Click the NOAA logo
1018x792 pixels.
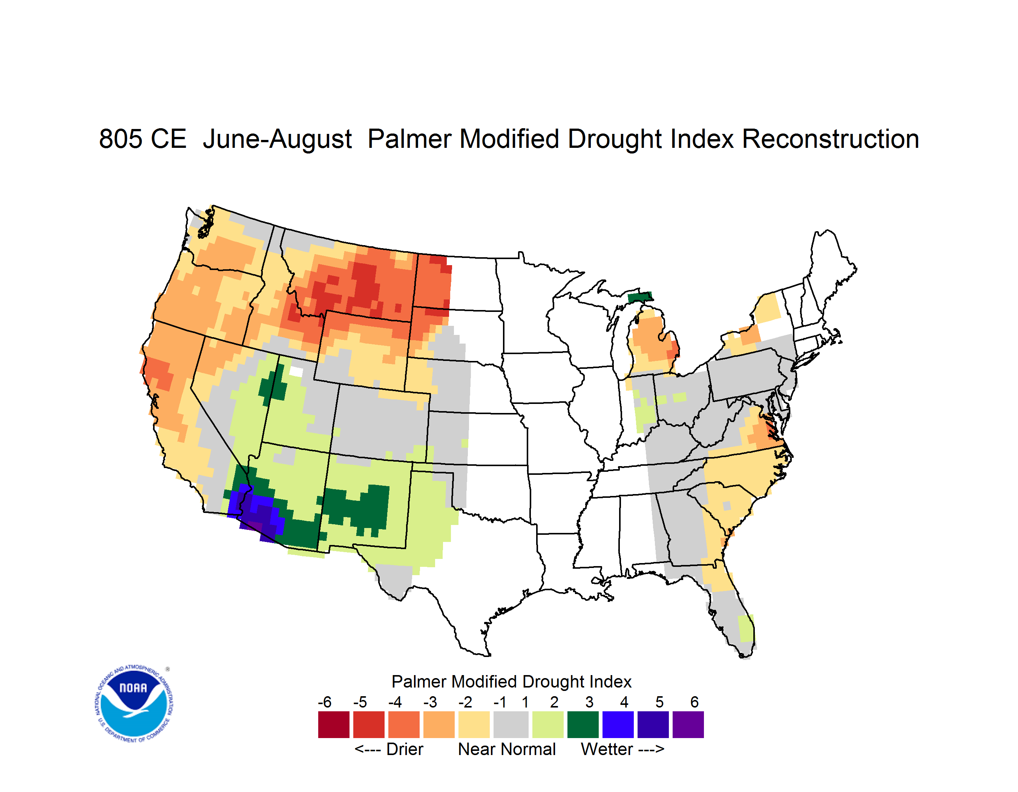click(134, 703)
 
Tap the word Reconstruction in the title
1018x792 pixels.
click(830, 139)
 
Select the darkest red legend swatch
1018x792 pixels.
click(334, 724)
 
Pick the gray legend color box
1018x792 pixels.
click(511, 724)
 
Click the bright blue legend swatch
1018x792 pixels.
click(618, 724)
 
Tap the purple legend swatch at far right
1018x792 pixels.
click(688, 724)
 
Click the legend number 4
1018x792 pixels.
click(624, 702)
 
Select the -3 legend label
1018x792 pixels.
click(430, 702)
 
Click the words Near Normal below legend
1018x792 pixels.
click(507, 749)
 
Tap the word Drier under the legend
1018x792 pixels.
click(405, 749)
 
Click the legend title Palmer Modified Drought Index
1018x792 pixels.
click(511, 681)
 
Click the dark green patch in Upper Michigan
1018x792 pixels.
click(640, 297)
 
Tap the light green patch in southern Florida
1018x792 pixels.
click(746, 628)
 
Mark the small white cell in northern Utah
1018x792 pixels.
click(296, 372)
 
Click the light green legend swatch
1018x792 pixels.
click(548, 724)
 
